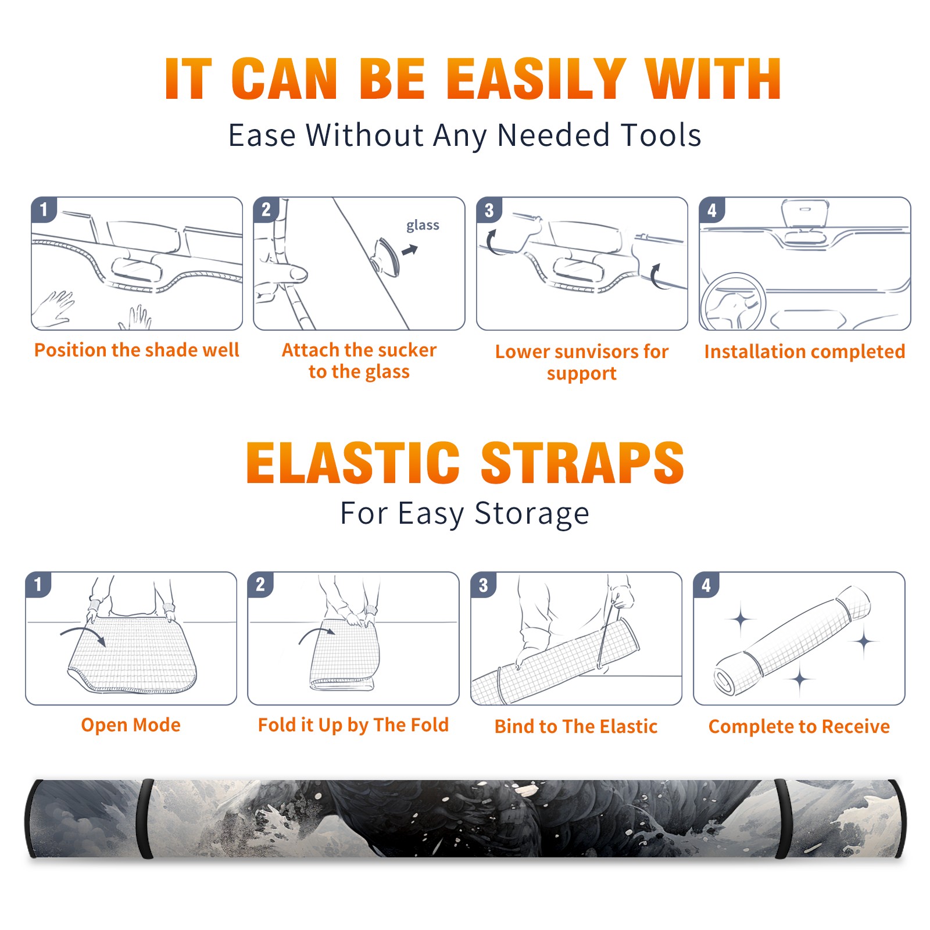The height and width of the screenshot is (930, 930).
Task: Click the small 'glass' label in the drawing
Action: [423, 225]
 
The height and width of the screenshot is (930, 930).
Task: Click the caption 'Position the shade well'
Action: [137, 350]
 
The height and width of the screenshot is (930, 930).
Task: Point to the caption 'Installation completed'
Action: [804, 351]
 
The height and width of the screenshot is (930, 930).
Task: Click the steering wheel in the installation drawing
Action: [732, 302]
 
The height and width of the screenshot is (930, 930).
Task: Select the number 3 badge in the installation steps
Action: [489, 210]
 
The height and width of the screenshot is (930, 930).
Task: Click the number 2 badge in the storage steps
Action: [260, 585]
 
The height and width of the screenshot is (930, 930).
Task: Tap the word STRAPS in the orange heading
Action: [582, 463]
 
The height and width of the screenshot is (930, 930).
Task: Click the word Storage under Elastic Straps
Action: [532, 514]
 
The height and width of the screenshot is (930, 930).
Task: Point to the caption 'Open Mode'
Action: [131, 725]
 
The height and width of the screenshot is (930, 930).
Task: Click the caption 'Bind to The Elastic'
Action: [575, 727]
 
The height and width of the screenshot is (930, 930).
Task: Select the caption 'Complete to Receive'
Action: [799, 727]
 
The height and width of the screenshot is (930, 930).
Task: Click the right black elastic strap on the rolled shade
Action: [782, 819]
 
